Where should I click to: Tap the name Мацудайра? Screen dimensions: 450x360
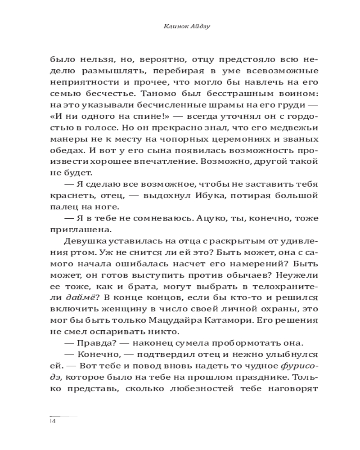tap(211, 320)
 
